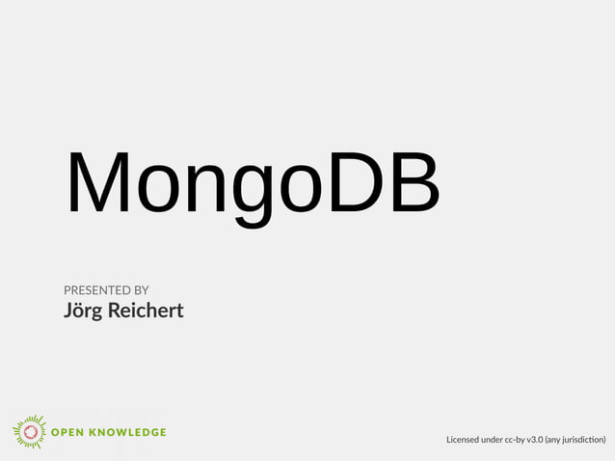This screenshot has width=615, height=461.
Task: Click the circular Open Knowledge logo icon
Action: pyautogui.click(x=30, y=431)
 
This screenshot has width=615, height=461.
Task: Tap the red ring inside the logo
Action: pyautogui.click(x=30, y=431)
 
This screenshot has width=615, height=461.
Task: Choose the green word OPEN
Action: pyautogui.click(x=71, y=432)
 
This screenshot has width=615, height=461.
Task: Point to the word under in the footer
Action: pyautogui.click(x=499, y=440)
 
